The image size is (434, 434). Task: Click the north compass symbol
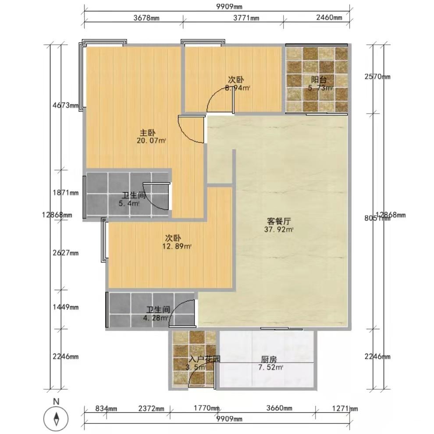coord(56,419)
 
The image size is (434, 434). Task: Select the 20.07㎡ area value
coord(152,140)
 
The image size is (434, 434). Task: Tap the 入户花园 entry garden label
coord(204,359)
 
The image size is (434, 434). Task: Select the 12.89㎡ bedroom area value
coord(177,246)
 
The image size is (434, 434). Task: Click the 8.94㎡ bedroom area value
coord(237,88)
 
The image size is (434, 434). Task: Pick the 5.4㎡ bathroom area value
coord(129,203)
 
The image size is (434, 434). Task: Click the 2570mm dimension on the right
coord(377,77)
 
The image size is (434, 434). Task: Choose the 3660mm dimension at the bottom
coord(279,409)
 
